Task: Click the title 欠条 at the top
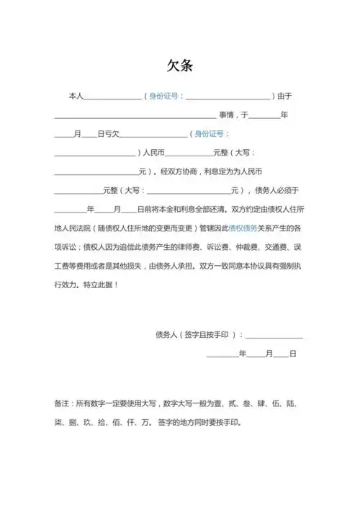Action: pos(179,66)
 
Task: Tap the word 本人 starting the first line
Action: pos(76,96)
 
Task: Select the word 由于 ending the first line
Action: pos(284,96)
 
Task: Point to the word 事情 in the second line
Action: pos(228,115)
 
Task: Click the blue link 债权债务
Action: pos(243,227)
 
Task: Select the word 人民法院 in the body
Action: pos(79,227)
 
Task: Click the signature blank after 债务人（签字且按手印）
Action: pos(274,336)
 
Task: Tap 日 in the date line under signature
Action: pos(293,354)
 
